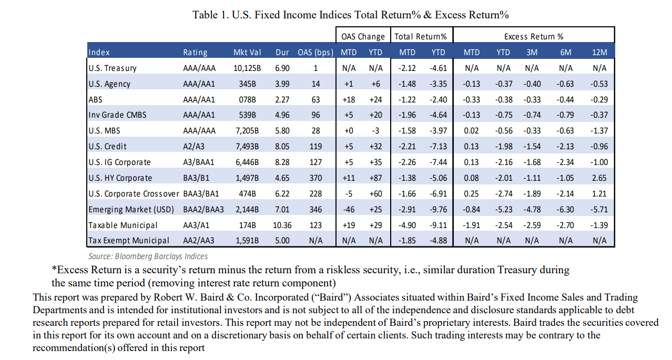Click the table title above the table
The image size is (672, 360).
coord(351,15)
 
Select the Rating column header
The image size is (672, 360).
coord(195,52)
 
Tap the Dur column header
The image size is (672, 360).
coord(282,52)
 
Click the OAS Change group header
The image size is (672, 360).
coord(363,36)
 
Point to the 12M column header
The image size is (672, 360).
coord(599,52)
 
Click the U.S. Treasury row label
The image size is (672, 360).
coord(113,68)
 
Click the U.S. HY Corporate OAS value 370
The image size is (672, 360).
coord(315,178)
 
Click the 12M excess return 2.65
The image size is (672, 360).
coord(599,178)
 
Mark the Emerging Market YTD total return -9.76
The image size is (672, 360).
coord(439,209)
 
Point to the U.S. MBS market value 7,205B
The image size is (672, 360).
coord(247,130)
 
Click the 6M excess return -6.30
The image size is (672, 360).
coord(566,209)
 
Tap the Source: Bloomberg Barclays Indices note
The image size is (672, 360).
coord(148,256)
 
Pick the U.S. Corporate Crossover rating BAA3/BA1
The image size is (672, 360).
coord(203,193)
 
